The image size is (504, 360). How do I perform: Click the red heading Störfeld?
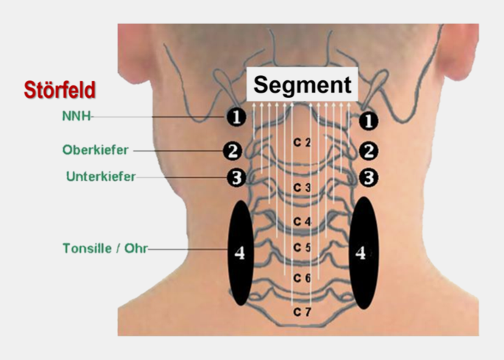(59, 90)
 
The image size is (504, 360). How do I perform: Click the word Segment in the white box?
(302, 85)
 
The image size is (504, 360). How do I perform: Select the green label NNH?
(76, 116)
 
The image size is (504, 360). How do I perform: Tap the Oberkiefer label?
(96, 149)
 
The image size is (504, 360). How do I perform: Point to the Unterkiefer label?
(99, 177)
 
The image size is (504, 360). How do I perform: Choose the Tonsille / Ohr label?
(105, 248)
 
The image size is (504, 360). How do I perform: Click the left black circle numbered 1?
(234, 118)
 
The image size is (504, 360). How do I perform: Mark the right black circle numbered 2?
(369, 151)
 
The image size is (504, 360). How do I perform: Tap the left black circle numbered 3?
(234, 177)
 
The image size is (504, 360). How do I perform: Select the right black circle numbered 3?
(369, 177)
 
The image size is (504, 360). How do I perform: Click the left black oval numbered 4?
(239, 252)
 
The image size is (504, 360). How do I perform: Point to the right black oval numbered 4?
(362, 252)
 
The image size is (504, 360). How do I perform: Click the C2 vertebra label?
(302, 142)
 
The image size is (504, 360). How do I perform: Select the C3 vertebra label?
(302, 188)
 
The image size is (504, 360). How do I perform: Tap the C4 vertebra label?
(302, 221)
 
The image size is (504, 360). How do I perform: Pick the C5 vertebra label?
(302, 247)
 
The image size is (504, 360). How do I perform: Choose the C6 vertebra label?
(302, 278)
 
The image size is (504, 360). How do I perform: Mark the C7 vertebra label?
(302, 313)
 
